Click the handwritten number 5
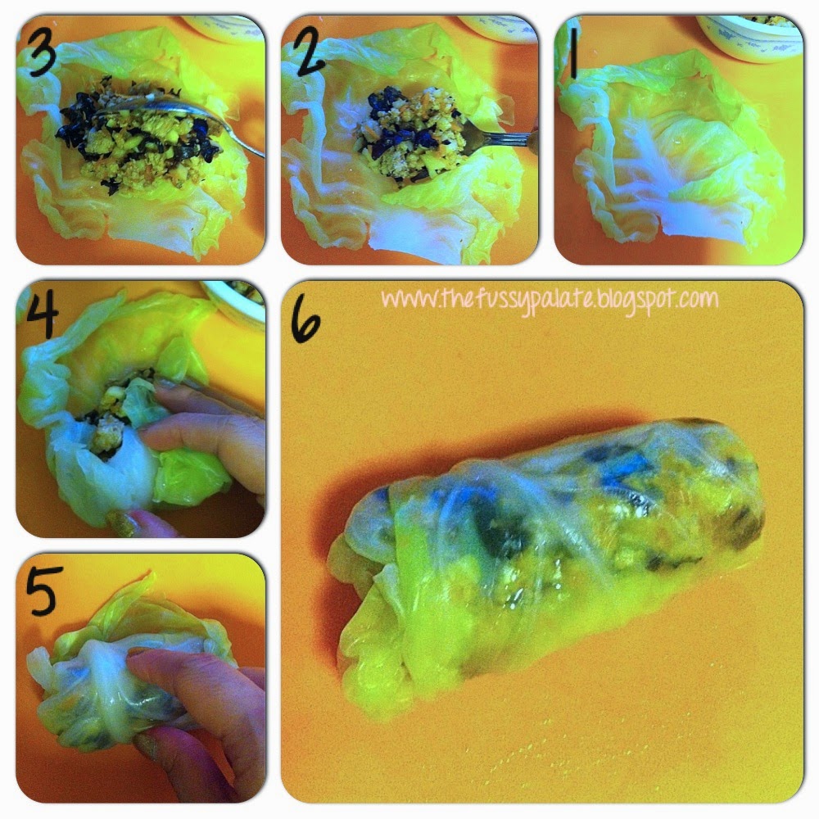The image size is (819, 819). point(42,590)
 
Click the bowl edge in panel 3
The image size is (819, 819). point(224,27)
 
